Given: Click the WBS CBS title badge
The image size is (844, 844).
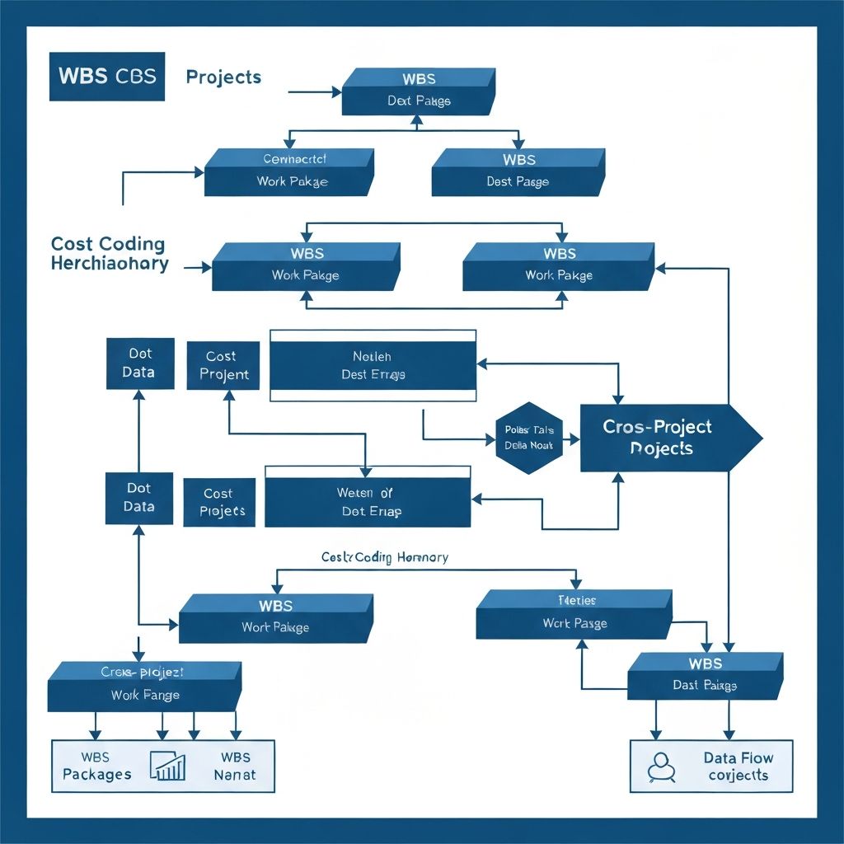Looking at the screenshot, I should click(x=106, y=77).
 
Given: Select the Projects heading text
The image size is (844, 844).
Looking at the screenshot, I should click(x=223, y=77).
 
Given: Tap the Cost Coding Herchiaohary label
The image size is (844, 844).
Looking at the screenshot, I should click(x=109, y=254).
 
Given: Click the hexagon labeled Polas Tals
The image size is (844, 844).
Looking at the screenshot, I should click(x=528, y=438).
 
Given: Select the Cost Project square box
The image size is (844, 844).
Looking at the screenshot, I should click(x=223, y=365).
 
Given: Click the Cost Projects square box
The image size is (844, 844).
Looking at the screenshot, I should click(x=219, y=502).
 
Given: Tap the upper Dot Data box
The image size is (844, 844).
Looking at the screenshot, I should click(x=140, y=363).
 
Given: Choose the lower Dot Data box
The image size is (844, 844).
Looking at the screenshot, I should click(x=139, y=498).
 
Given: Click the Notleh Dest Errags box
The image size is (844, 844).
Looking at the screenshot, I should click(x=373, y=365).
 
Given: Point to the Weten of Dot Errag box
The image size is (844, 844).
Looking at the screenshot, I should click(x=368, y=501).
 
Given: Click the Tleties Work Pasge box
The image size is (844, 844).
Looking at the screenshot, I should click(x=574, y=614).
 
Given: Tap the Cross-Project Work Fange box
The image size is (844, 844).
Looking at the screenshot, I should click(x=144, y=686).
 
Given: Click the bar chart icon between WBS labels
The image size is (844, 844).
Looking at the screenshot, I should click(x=167, y=766).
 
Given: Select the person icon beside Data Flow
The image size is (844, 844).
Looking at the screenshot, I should click(x=661, y=767).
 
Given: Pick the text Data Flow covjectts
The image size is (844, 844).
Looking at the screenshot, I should click(x=738, y=767).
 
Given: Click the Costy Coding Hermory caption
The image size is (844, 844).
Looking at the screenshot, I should click(x=384, y=558).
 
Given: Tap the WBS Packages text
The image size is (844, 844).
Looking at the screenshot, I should click(x=96, y=766).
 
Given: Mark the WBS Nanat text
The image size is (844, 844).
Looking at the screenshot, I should click(x=235, y=766).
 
